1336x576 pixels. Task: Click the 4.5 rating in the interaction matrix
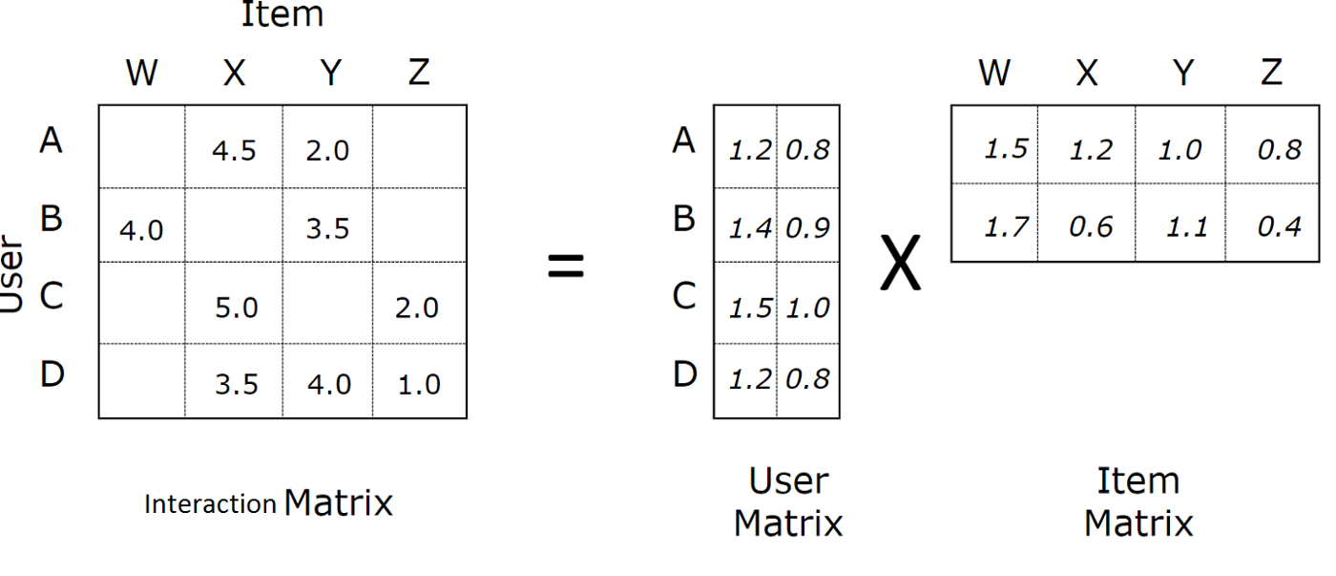click(x=234, y=151)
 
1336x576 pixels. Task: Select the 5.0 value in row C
click(x=237, y=308)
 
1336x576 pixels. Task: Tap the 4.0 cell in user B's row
click(x=141, y=230)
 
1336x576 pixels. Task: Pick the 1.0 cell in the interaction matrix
click(x=419, y=385)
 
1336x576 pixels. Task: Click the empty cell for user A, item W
click(x=142, y=147)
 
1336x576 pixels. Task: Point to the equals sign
click(x=566, y=267)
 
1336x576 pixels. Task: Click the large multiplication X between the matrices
click(x=901, y=263)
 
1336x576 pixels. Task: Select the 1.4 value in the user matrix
click(x=750, y=228)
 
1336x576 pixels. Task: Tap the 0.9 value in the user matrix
click(x=808, y=228)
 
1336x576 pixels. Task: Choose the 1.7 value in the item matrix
click(x=1007, y=227)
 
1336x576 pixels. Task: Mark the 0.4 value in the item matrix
click(x=1280, y=227)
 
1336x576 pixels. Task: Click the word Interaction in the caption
click(x=211, y=504)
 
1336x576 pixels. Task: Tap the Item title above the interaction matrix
click(x=282, y=14)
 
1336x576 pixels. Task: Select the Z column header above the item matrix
click(x=1271, y=73)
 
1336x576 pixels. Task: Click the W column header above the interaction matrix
click(x=142, y=73)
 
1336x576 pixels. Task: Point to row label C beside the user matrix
click(x=684, y=295)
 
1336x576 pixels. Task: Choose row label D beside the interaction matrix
click(x=52, y=374)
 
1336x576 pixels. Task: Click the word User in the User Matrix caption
click(x=788, y=481)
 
